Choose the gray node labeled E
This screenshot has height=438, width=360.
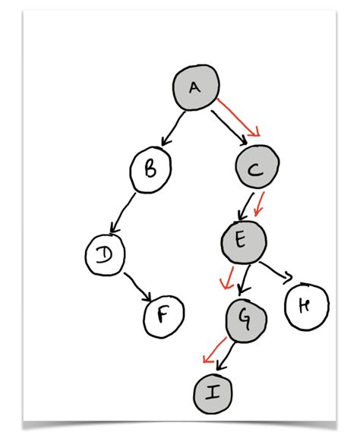click(243, 241)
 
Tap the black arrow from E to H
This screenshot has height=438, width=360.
click(275, 271)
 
